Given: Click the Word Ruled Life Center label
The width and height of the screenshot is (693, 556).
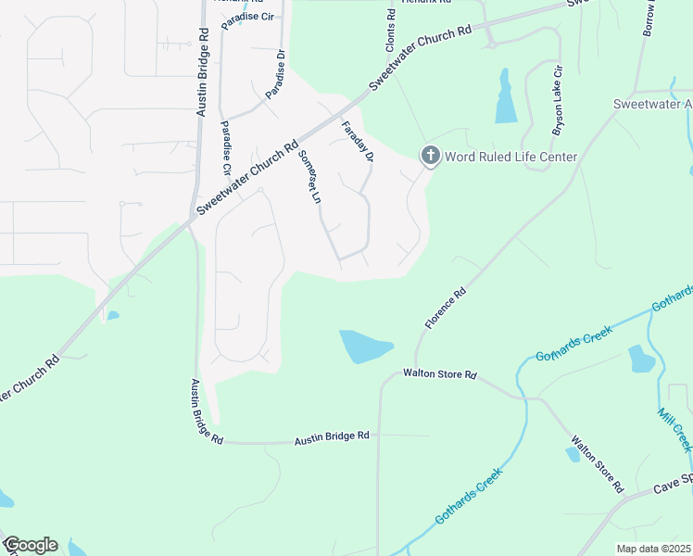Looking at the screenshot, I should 511,157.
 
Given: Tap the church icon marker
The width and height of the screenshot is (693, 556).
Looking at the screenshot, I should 430,156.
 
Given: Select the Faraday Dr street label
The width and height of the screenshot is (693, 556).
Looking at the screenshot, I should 357,143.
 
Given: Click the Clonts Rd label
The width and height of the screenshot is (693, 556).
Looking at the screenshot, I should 391,28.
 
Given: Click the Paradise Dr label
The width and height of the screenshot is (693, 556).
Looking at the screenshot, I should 277,74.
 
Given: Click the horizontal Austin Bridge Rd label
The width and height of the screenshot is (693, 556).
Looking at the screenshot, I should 332,436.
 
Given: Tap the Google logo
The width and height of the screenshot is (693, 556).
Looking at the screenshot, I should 30,545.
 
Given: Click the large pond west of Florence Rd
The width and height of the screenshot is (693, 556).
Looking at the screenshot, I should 363,347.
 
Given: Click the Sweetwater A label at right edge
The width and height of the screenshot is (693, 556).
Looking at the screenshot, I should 652,105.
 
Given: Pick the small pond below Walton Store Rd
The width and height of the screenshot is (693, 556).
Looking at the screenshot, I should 573,454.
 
